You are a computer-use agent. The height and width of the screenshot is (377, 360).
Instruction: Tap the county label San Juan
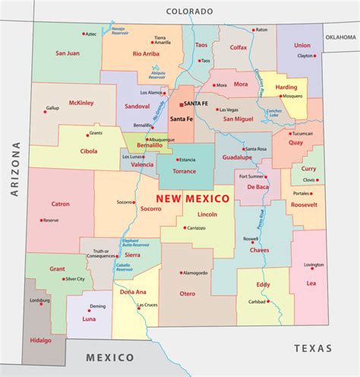(68, 54)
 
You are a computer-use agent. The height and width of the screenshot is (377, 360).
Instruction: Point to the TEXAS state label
(313, 348)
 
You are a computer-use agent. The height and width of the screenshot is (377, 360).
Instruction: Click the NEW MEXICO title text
(193, 198)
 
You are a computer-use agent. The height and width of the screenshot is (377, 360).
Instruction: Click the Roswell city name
(251, 238)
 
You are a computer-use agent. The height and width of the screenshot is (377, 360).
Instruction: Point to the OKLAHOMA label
(340, 36)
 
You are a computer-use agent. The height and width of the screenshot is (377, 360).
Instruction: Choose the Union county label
(302, 46)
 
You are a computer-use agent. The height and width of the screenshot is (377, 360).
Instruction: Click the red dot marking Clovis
(317, 180)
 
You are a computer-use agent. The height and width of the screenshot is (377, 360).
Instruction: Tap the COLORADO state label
(190, 12)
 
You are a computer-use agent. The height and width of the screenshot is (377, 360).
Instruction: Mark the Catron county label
(60, 204)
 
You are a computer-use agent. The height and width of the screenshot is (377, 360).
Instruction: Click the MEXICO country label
(109, 357)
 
